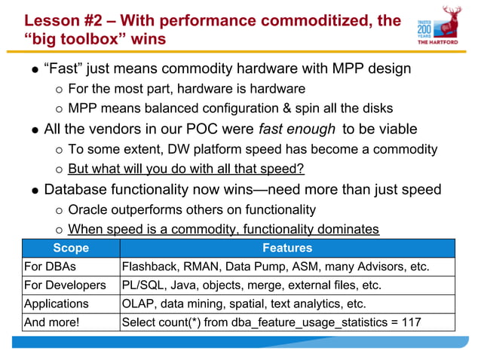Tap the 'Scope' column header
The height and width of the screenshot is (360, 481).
[x=71, y=248]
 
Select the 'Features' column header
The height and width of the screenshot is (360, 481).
[x=286, y=248]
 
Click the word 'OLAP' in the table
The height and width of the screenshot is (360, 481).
[x=139, y=304]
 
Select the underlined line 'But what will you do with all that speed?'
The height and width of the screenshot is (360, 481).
[x=185, y=169]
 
